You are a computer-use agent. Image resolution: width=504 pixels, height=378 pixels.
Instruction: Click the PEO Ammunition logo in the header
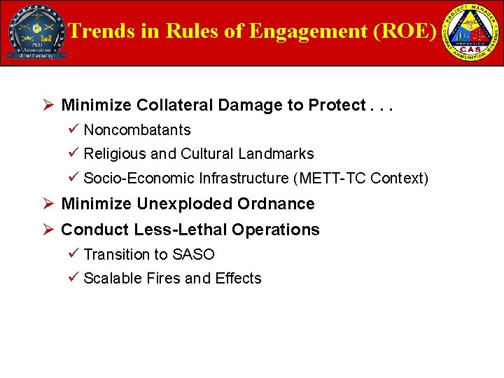36,32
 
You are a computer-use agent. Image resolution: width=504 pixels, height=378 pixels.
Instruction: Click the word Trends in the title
100,31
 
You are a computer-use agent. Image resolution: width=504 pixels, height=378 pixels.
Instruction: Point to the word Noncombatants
137,130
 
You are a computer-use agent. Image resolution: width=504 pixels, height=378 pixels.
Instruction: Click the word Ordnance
276,204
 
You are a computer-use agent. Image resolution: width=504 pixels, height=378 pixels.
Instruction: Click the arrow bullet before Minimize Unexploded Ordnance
48,204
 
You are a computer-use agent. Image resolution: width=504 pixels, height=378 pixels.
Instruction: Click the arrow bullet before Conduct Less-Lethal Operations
48,230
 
